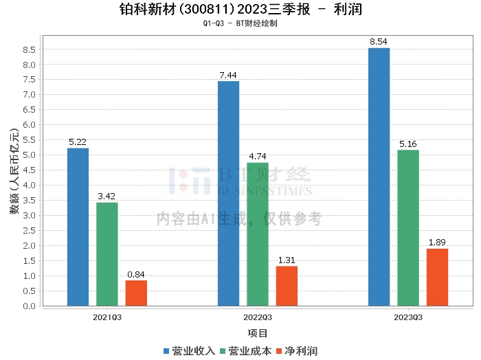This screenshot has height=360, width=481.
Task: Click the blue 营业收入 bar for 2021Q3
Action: (78, 227)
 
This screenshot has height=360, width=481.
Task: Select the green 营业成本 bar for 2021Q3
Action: (107, 254)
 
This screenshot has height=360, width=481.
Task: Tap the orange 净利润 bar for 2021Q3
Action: (136, 293)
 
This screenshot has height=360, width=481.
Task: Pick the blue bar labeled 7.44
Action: (228, 193)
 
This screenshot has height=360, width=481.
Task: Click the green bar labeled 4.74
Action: (258, 234)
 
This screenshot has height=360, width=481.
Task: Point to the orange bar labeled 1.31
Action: (287, 286)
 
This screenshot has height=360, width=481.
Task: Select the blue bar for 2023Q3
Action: (379, 177)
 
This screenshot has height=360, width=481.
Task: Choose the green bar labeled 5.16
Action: (408, 227)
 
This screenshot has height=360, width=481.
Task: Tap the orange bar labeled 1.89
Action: (437, 277)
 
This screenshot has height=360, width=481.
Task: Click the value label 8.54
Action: (379, 42)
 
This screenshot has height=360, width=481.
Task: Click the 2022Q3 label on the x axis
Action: (258, 317)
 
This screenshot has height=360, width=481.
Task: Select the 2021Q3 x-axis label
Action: (107, 317)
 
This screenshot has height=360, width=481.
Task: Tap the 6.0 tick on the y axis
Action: (29, 125)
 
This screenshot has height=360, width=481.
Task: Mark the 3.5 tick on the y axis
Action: (29, 201)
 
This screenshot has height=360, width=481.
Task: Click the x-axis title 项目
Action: (258, 333)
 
